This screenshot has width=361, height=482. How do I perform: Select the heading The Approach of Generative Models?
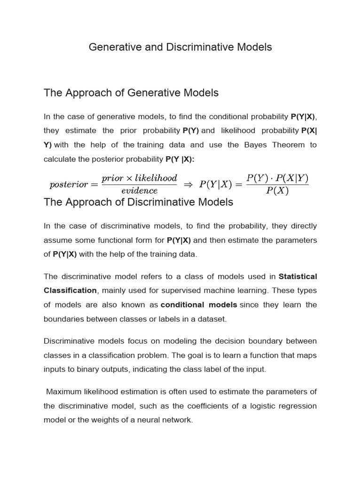coord(131,93)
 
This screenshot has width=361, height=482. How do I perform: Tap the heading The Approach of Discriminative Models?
coord(138,202)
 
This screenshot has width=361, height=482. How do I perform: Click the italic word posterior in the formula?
coord(69,185)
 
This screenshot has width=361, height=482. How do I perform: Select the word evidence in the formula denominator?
coord(139,191)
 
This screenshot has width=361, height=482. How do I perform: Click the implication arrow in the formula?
coord(188,185)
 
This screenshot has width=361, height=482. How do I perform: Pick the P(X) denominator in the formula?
coord(277,191)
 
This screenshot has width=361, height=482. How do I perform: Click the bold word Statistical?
coord(298,276)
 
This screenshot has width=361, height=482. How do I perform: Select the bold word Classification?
coord(70,290)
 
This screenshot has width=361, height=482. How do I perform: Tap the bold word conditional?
coord(182,305)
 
